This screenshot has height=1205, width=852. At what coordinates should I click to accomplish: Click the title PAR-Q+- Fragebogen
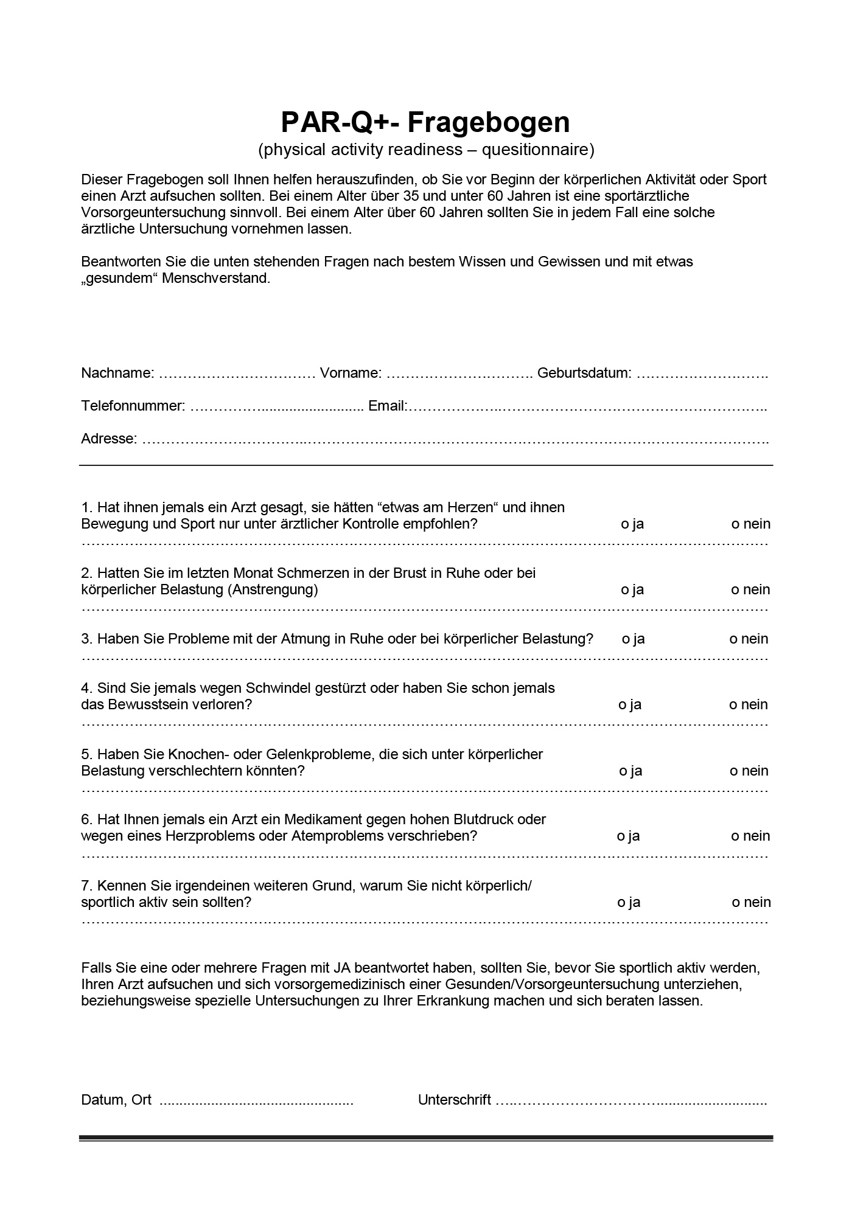coord(425,122)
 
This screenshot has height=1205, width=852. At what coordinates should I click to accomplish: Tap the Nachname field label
coord(117,373)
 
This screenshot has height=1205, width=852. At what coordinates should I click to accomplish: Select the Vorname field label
coord(351,373)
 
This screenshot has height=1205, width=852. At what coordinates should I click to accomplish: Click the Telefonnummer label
coord(133,406)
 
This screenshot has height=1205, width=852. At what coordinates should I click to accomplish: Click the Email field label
coord(388,406)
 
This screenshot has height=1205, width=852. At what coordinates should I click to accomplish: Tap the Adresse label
coord(109,439)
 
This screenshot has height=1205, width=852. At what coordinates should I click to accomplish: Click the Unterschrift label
coord(454,1100)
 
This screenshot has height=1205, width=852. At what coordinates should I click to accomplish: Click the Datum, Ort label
coord(116,1100)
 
